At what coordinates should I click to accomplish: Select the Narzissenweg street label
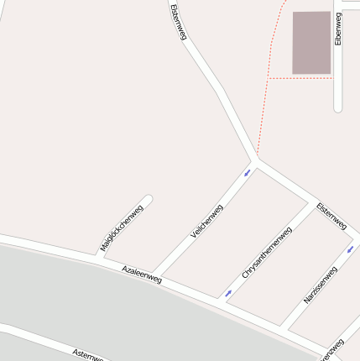(320, 285)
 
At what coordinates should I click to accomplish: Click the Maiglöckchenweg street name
(121, 228)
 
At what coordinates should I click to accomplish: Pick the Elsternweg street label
(331, 216)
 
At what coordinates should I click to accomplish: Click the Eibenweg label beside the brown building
(338, 29)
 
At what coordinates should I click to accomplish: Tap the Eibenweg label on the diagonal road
(177, 22)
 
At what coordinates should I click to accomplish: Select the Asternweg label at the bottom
(87, 354)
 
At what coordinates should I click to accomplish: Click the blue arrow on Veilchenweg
(247, 173)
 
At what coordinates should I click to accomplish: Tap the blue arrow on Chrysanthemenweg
(228, 294)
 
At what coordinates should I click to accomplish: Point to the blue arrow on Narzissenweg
(350, 249)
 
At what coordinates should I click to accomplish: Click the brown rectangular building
(311, 43)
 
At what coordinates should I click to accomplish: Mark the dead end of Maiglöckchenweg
(149, 200)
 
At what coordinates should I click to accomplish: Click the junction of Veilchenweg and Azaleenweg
(155, 277)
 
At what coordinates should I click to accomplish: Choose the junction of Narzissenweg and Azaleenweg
(283, 327)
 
